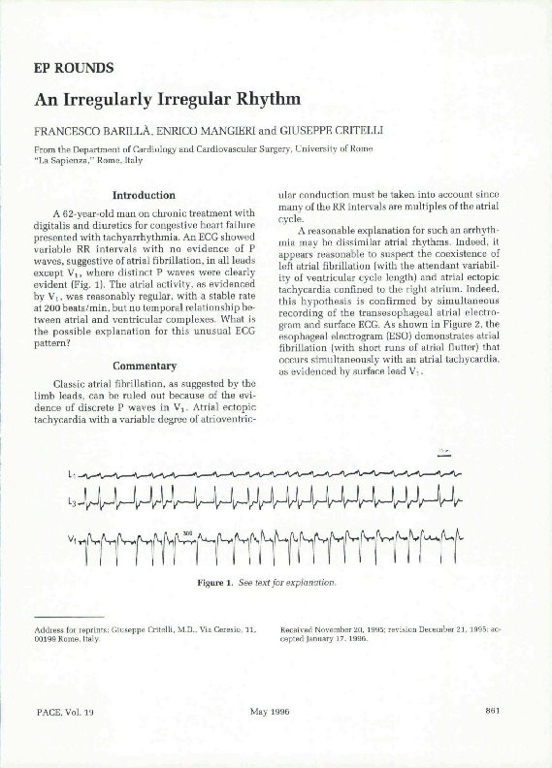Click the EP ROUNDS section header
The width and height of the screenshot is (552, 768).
(x=74, y=68)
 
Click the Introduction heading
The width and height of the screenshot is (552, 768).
(x=144, y=195)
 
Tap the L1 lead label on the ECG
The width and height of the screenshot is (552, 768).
(x=72, y=476)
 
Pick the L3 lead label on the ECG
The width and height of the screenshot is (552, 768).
(x=72, y=501)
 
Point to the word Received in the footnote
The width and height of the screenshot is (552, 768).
(x=298, y=630)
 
